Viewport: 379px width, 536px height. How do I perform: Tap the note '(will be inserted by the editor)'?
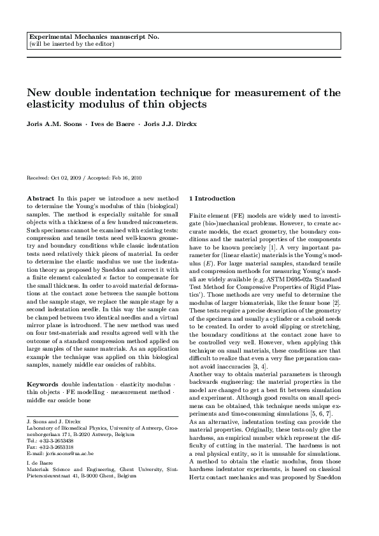click(71, 45)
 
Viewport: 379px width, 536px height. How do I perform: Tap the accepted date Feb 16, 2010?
click(128, 179)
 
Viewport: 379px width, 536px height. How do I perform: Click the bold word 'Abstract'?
click(40, 199)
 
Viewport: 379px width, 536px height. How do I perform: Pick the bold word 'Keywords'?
click(42, 384)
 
